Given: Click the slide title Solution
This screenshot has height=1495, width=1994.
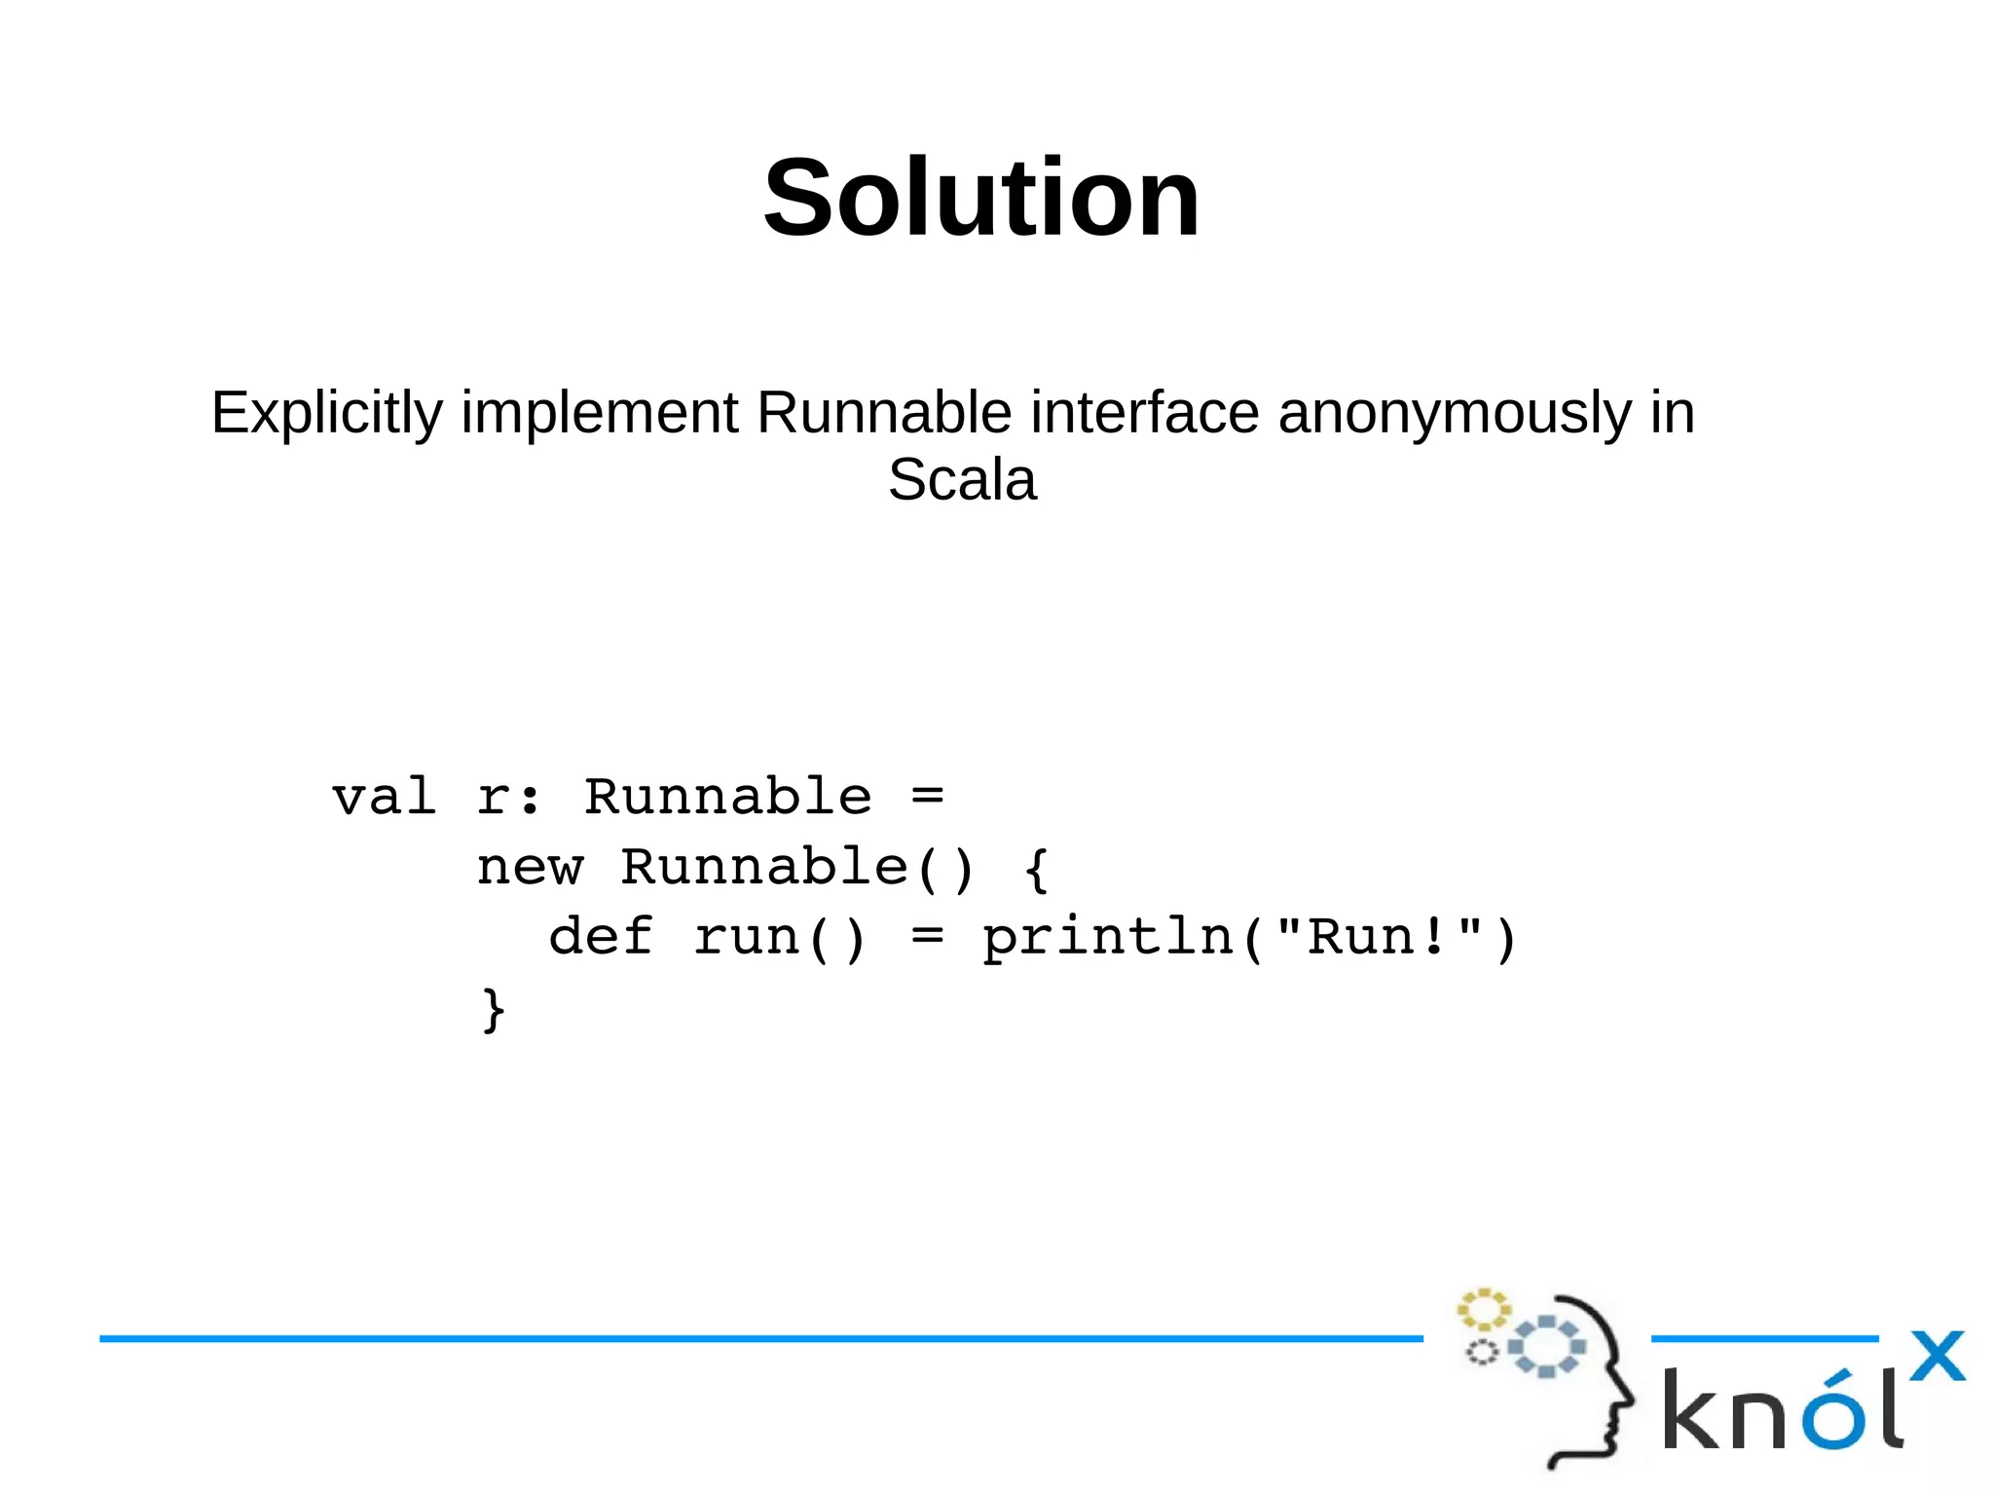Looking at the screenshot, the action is (x=981, y=200).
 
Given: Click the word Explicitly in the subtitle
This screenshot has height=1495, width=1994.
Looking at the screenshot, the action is (x=326, y=413).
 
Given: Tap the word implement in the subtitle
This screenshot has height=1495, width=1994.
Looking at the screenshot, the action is (x=599, y=413).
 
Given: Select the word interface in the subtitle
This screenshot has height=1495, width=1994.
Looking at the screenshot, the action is (x=1144, y=413).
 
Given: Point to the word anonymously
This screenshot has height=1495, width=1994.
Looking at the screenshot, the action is (x=1454, y=413).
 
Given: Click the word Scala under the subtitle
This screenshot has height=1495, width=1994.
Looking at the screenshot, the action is (x=962, y=480).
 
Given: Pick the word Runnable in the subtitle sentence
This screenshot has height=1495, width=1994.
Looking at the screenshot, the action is (x=884, y=413).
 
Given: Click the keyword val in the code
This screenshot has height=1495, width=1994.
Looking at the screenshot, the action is (x=384, y=798).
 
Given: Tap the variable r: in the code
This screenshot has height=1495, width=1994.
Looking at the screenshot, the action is (x=508, y=798).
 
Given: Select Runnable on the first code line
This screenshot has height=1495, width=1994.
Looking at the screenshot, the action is (x=727, y=798).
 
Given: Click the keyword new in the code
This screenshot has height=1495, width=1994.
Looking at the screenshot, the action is (x=530, y=868).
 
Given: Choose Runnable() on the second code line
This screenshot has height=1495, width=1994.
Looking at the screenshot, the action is (x=797, y=868).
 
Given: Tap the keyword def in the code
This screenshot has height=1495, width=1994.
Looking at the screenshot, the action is (x=601, y=938).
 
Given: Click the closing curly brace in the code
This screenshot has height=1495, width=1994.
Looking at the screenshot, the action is (x=494, y=1010).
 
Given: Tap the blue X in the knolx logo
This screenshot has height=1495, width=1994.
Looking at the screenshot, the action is (x=1937, y=1356).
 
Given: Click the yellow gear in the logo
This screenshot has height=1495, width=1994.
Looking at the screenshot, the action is (x=1483, y=1310).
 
